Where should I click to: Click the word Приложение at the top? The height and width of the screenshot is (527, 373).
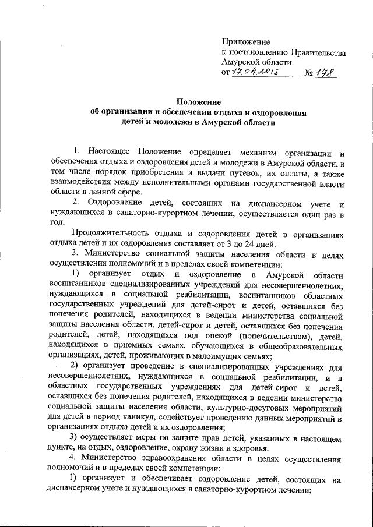246,42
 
